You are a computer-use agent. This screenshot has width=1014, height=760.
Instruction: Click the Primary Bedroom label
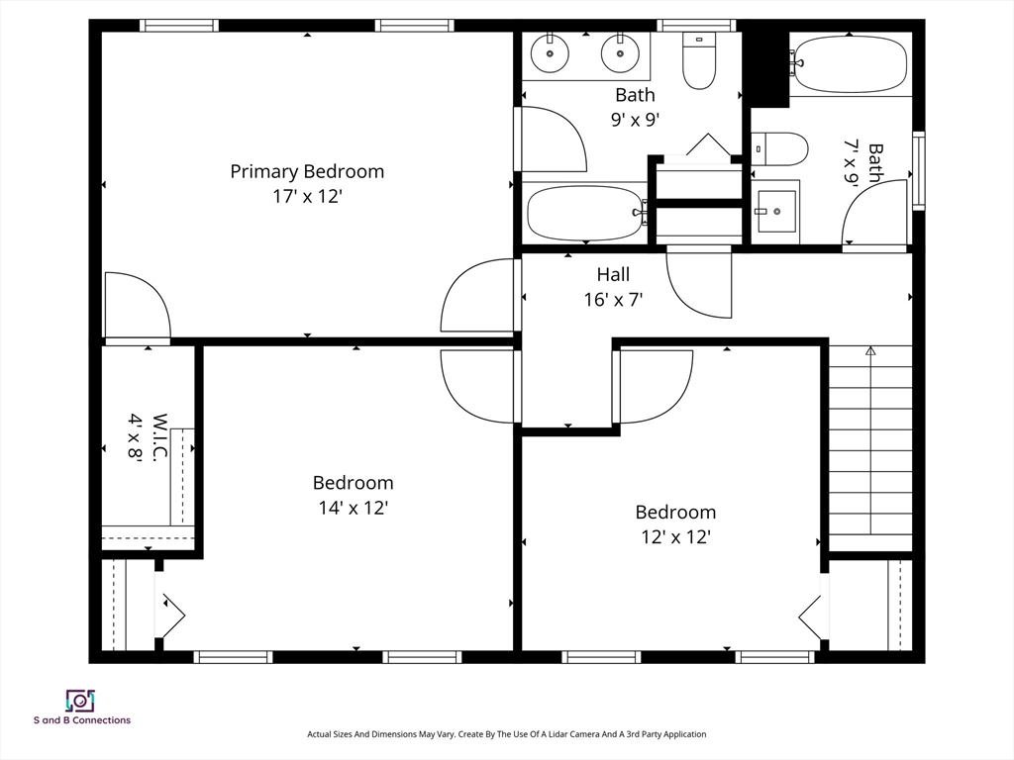pyautogui.click(x=307, y=172)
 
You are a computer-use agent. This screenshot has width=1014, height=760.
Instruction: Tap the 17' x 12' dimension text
pyautogui.click(x=307, y=197)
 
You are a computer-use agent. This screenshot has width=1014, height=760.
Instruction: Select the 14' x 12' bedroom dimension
pyautogui.click(x=354, y=508)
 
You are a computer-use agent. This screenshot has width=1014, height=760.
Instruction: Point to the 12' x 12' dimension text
pyautogui.click(x=676, y=537)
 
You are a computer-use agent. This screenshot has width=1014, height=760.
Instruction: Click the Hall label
pyautogui.click(x=613, y=275)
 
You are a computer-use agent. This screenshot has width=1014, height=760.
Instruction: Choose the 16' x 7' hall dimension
pyautogui.click(x=613, y=300)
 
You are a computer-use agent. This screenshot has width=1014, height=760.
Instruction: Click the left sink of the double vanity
pyautogui.click(x=551, y=53)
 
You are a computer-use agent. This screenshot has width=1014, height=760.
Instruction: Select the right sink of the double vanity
pyautogui.click(x=620, y=53)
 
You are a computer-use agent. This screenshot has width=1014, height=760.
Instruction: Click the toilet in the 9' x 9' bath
pyautogui.click(x=700, y=60)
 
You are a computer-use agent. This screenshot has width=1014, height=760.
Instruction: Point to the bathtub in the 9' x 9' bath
pyautogui.click(x=586, y=213)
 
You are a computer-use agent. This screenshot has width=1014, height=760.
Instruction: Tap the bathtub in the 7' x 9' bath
pyautogui.click(x=849, y=62)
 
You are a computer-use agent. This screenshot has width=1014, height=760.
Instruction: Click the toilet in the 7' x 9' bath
pyautogui.click(x=780, y=149)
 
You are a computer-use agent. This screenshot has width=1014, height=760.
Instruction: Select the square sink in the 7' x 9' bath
pyautogui.click(x=776, y=212)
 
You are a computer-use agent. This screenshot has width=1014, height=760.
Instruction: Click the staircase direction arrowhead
pyautogui.click(x=870, y=351)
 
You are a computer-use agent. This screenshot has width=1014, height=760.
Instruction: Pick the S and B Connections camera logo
pyautogui.click(x=81, y=701)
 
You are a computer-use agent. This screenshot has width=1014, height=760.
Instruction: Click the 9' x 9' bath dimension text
pyautogui.click(x=635, y=120)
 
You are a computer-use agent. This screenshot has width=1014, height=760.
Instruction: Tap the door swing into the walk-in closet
pyautogui.click(x=138, y=305)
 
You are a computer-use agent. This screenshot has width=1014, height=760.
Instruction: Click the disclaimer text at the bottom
pyautogui.click(x=506, y=734)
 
